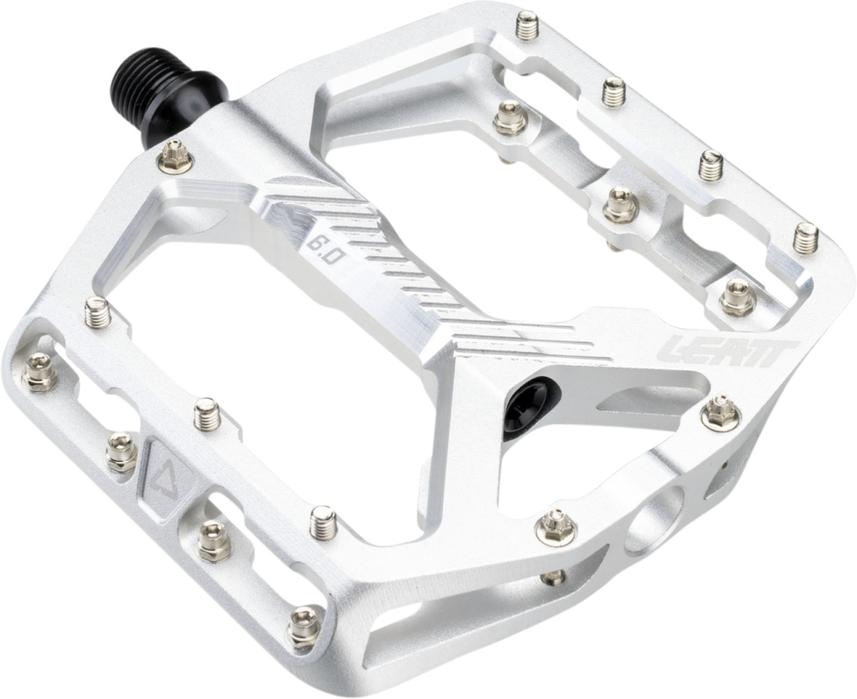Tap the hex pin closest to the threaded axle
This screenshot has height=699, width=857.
[177, 156]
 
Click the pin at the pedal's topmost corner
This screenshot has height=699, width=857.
[527, 25]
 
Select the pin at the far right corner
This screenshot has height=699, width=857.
[805, 237]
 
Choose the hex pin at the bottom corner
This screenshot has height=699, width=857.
[303, 626]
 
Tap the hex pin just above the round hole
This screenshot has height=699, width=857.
[555, 525]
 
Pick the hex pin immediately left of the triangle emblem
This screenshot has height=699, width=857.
[122, 451]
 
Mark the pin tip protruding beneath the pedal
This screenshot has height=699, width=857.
[554, 577]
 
